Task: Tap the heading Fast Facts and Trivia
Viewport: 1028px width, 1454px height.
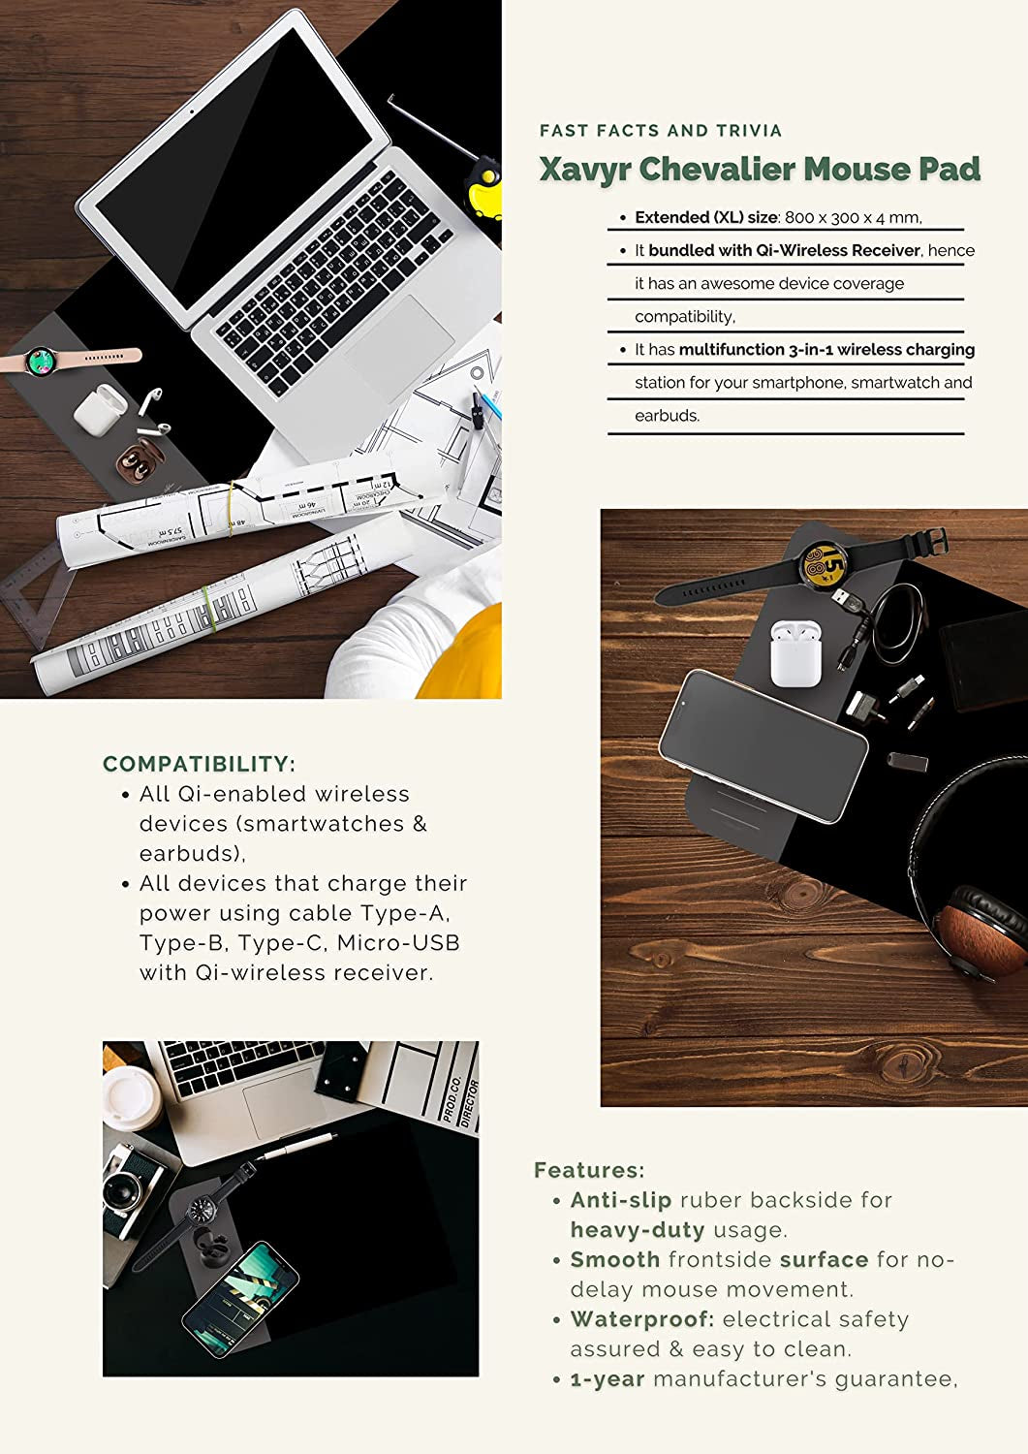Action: tap(661, 131)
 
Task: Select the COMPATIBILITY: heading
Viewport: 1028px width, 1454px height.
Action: tap(200, 764)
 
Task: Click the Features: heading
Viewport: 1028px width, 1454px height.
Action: tap(589, 1170)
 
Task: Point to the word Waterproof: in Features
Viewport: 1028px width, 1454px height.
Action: tap(642, 1319)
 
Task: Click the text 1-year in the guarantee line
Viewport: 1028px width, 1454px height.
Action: tap(607, 1379)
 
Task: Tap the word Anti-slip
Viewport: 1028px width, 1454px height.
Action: tap(621, 1200)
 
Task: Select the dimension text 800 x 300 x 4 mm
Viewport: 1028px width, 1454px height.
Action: tap(853, 217)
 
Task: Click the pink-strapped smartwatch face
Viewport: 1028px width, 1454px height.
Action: tap(41, 361)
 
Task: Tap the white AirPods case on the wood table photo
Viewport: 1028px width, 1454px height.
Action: tap(795, 653)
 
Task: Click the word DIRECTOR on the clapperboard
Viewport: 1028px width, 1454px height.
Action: tap(469, 1103)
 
